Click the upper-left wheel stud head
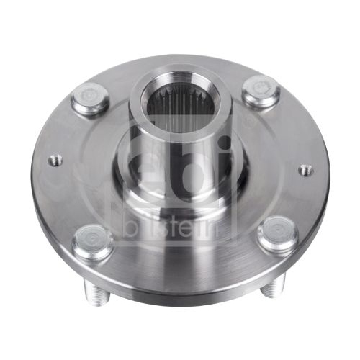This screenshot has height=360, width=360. coord(90,97)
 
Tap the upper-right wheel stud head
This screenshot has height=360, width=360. coord(261,91)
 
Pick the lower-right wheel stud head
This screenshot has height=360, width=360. coord(278,233)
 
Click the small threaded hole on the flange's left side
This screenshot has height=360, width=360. coord(56,160)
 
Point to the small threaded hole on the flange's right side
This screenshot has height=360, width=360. coord(306,170)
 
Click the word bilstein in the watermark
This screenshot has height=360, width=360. coord(172,228)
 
